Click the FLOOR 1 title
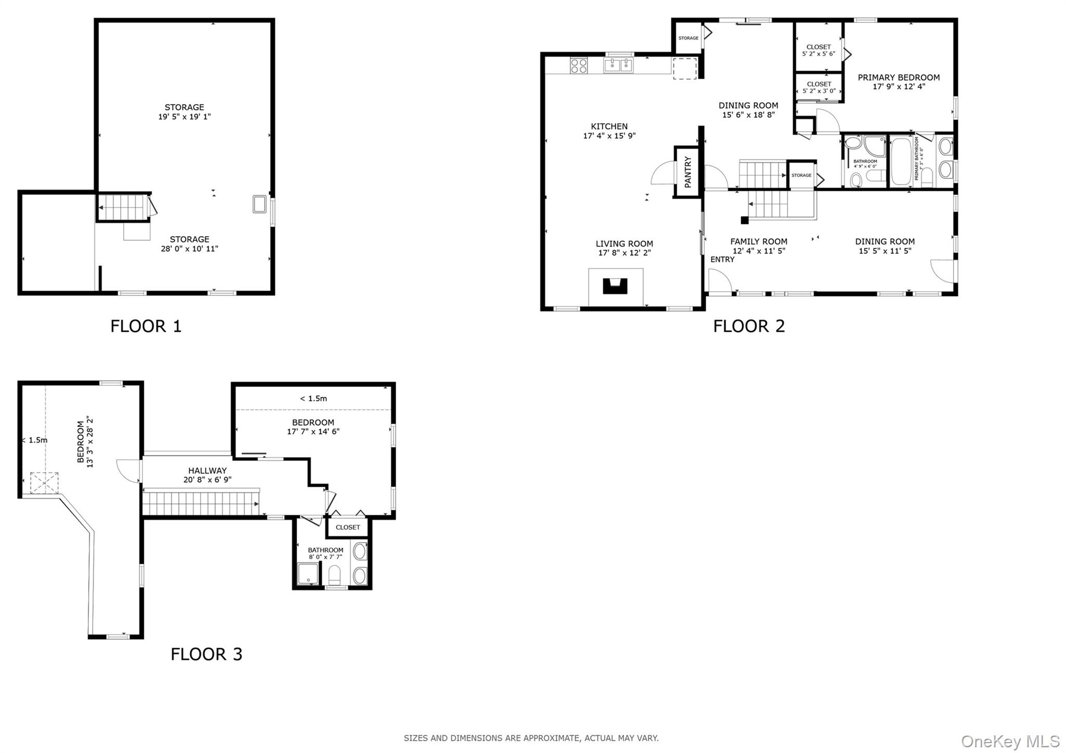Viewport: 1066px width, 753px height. tap(146, 326)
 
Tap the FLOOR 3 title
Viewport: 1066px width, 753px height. tap(206, 654)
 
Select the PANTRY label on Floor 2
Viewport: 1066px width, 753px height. tap(688, 172)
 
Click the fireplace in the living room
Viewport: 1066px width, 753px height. tap(615, 286)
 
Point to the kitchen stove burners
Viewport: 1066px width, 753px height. tap(579, 66)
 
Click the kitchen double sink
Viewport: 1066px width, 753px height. tap(618, 65)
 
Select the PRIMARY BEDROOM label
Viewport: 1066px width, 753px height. tap(898, 77)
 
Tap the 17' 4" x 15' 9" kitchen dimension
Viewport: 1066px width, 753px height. tap(609, 136)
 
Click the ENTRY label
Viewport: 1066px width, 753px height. tap(722, 259)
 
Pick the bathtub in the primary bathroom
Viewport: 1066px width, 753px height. tap(900, 161)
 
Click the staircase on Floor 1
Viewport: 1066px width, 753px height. tap(123, 207)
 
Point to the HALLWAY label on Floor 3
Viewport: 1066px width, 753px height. tap(207, 471)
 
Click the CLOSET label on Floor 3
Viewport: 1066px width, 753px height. tap(348, 527)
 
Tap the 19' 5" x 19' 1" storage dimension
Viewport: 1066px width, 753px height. tap(184, 116)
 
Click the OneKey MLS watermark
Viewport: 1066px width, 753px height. tap(1010, 741)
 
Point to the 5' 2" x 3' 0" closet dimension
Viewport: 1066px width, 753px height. tap(819, 91)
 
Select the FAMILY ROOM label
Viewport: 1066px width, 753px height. tap(758, 241)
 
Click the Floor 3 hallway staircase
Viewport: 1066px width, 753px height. tap(200, 503)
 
